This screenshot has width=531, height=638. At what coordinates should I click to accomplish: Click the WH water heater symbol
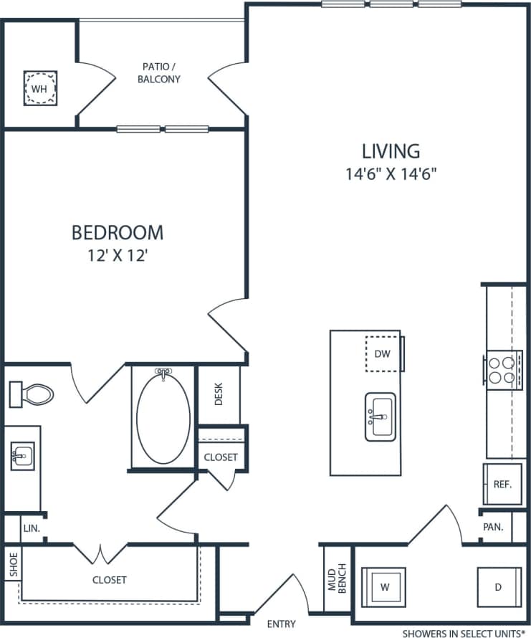click(41, 88)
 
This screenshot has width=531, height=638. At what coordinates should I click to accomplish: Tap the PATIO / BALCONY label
click(160, 73)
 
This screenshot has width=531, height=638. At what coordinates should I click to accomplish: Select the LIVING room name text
click(391, 151)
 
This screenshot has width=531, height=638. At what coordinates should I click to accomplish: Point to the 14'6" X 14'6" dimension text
click(391, 173)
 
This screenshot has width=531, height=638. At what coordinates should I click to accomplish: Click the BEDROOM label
click(118, 233)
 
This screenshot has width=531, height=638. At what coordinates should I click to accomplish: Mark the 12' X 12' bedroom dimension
click(118, 255)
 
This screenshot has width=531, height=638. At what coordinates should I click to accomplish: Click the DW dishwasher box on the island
click(383, 353)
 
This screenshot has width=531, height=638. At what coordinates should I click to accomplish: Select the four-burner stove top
click(501, 369)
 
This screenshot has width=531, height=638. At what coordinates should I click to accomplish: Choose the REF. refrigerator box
click(502, 484)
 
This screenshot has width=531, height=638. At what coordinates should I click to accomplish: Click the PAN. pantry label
click(493, 526)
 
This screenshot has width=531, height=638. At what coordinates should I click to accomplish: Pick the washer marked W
click(384, 587)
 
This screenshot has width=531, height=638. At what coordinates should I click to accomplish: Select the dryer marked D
click(498, 587)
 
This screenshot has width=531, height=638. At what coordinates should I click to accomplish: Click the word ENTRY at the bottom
click(281, 624)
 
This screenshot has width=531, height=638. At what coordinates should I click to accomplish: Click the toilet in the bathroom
click(32, 394)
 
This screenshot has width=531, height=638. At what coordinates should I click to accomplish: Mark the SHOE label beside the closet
click(13, 564)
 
